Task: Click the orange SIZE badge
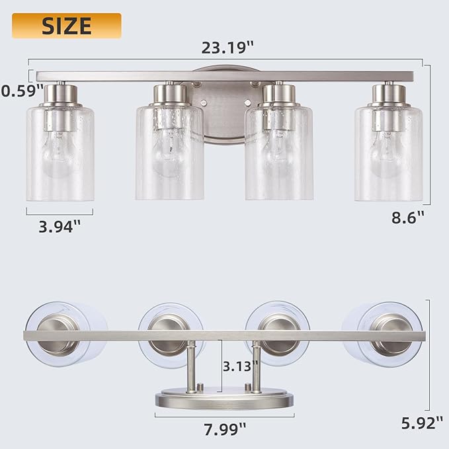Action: pyautogui.click(x=66, y=26)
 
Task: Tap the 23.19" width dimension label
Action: pyautogui.click(x=227, y=48)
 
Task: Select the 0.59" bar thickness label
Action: pyautogui.click(x=22, y=91)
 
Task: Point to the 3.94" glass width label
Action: pyautogui.click(x=60, y=227)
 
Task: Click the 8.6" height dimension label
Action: pyautogui.click(x=408, y=218)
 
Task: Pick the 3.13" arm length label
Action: pyautogui.click(x=240, y=366)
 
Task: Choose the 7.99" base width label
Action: pyautogui.click(x=225, y=429)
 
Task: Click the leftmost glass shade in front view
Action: pyautogui.click(x=60, y=153)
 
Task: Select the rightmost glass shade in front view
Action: pyautogui.click(x=388, y=153)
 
